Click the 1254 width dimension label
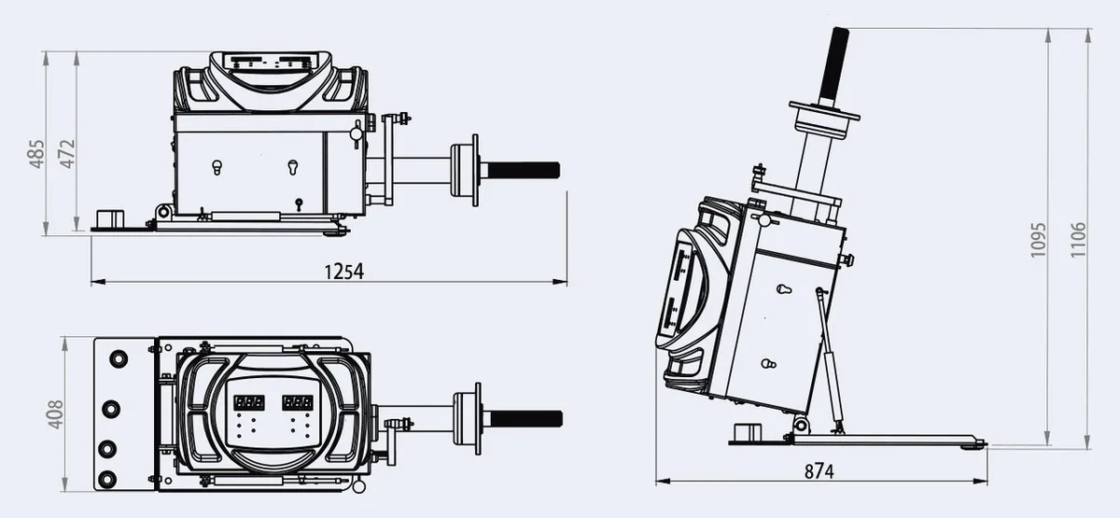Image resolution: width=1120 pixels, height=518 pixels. [344, 272]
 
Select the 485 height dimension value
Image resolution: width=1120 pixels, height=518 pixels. [37, 154]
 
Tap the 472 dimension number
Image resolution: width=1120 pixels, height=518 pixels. [67, 153]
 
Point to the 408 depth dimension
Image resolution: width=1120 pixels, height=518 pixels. [55, 414]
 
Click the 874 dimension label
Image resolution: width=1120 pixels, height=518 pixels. [819, 471]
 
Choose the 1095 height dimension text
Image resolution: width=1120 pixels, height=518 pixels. [1038, 240]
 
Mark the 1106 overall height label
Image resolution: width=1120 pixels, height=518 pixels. [1079, 240]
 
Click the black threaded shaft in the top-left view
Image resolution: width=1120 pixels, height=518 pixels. [523, 171]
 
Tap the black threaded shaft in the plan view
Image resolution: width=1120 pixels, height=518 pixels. [526, 419]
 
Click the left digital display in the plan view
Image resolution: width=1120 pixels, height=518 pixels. [249, 402]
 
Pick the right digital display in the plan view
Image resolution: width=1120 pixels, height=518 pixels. [298, 402]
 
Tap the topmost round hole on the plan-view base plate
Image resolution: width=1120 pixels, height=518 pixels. [119, 359]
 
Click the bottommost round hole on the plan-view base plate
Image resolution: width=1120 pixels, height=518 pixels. [107, 479]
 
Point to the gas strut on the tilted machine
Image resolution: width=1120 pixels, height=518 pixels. [830, 360]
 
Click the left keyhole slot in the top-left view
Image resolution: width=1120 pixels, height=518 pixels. [217, 167]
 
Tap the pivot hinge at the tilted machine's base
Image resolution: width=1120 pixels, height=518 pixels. [801, 426]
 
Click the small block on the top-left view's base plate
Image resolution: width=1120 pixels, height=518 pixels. [109, 219]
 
